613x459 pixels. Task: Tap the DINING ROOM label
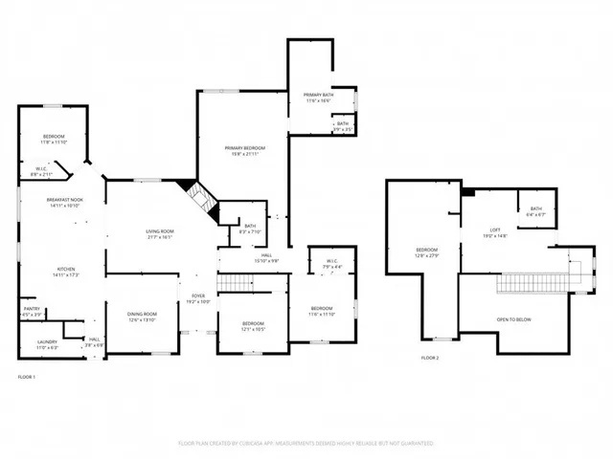(142, 315)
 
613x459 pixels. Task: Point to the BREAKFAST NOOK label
(63, 199)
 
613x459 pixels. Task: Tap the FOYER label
(198, 296)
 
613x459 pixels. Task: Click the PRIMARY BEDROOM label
(244, 148)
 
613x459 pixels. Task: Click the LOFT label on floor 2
(495, 229)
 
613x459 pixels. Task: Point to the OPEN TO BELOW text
(514, 319)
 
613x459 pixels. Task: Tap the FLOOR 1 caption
(27, 378)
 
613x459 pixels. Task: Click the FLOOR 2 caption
(430, 358)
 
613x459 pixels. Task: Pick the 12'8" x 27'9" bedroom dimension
(426, 254)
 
